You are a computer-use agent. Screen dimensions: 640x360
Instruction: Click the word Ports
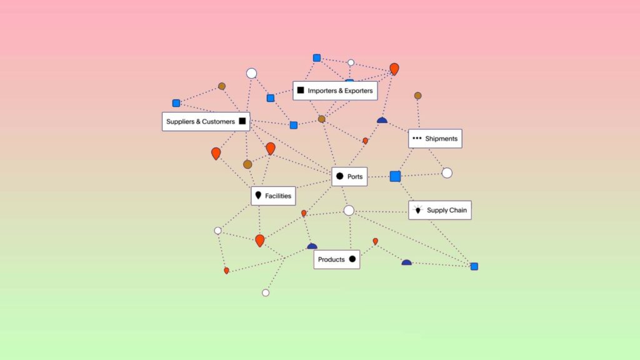[355, 177]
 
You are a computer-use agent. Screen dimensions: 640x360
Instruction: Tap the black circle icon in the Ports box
[339, 176]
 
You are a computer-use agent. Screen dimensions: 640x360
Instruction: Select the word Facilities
[278, 196]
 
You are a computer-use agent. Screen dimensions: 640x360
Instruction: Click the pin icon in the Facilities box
[258, 196]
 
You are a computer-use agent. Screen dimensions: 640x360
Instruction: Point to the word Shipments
[441, 139]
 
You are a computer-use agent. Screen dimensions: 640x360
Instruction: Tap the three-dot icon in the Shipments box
[417, 138]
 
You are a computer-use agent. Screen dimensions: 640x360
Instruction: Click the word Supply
[436, 211]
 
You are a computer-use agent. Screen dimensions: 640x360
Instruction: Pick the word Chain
[457, 210]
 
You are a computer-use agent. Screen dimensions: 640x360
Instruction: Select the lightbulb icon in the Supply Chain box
[417, 210]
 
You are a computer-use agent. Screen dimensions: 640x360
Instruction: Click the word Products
[331, 259]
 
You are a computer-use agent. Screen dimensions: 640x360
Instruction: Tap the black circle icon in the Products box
[352, 259]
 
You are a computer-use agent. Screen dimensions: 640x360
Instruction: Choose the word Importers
[322, 91]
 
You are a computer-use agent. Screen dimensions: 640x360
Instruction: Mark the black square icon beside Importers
[301, 90]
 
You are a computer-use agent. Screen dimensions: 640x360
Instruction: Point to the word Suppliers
[181, 122]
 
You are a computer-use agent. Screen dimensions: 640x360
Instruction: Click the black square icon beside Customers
[242, 121]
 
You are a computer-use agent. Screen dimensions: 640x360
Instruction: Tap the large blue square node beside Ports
[395, 176]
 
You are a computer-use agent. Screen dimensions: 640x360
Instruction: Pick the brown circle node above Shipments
[417, 96]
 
